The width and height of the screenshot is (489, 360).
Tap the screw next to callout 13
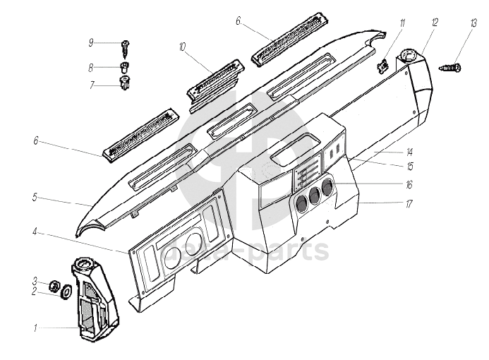point(452,68)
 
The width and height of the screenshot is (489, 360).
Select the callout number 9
point(91,43)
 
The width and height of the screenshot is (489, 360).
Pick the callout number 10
point(183,47)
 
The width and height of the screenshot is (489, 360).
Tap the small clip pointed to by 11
point(385,65)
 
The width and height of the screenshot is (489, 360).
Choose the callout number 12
point(435,23)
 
